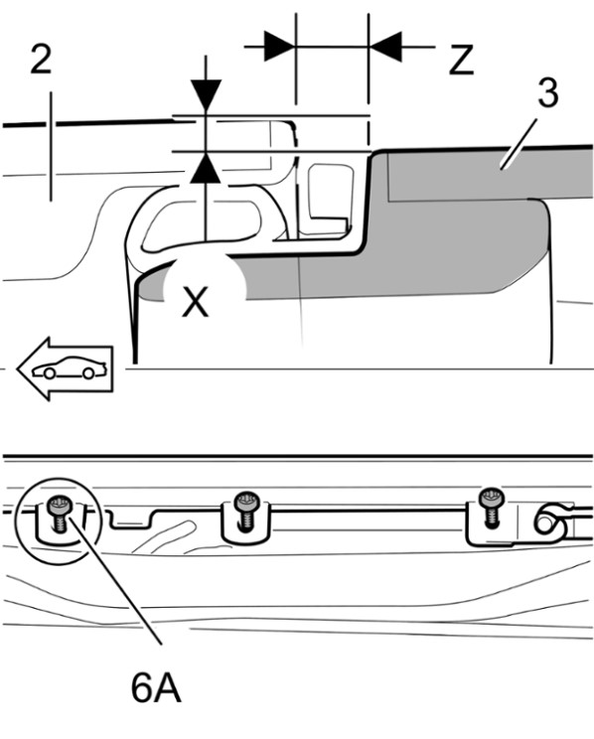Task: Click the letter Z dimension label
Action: click(461, 61)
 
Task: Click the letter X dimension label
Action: click(195, 303)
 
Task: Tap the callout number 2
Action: click(41, 59)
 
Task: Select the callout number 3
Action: click(548, 92)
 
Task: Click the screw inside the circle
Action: click(59, 515)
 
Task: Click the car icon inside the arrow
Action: click(68, 368)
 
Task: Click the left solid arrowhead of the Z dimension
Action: click(279, 47)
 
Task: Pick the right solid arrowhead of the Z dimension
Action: click(385, 47)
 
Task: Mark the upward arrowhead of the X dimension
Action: click(206, 168)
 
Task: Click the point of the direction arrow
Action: click(18, 369)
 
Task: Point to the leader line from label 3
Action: click(520, 143)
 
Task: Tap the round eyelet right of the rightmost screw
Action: click(546, 521)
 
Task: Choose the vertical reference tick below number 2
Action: click(51, 146)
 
